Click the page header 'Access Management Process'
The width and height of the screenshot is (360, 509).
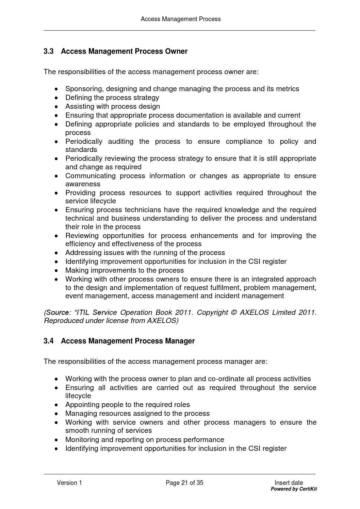pyautogui.click(x=181, y=19)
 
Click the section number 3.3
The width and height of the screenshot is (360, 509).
pyautogui.click(x=49, y=51)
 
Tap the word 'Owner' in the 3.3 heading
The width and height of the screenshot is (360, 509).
pyautogui.click(x=176, y=51)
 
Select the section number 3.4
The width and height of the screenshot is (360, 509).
pyautogui.click(x=49, y=341)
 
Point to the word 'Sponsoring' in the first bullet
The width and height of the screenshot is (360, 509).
pyautogui.click(x=84, y=89)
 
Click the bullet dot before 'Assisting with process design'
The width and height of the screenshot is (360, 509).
pyautogui.click(x=56, y=106)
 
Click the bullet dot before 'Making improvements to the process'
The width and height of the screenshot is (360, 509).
pyautogui.click(x=56, y=271)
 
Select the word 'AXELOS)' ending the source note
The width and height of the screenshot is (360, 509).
pyautogui.click(x=162, y=321)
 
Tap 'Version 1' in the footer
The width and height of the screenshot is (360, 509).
pyautogui.click(x=69, y=483)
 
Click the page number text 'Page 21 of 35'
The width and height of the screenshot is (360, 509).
pyautogui.click(x=184, y=483)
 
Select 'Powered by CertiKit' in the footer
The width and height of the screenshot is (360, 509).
pyautogui.click(x=294, y=489)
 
